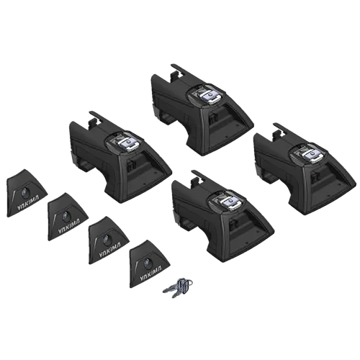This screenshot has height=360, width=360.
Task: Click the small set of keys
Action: click(177, 286)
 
